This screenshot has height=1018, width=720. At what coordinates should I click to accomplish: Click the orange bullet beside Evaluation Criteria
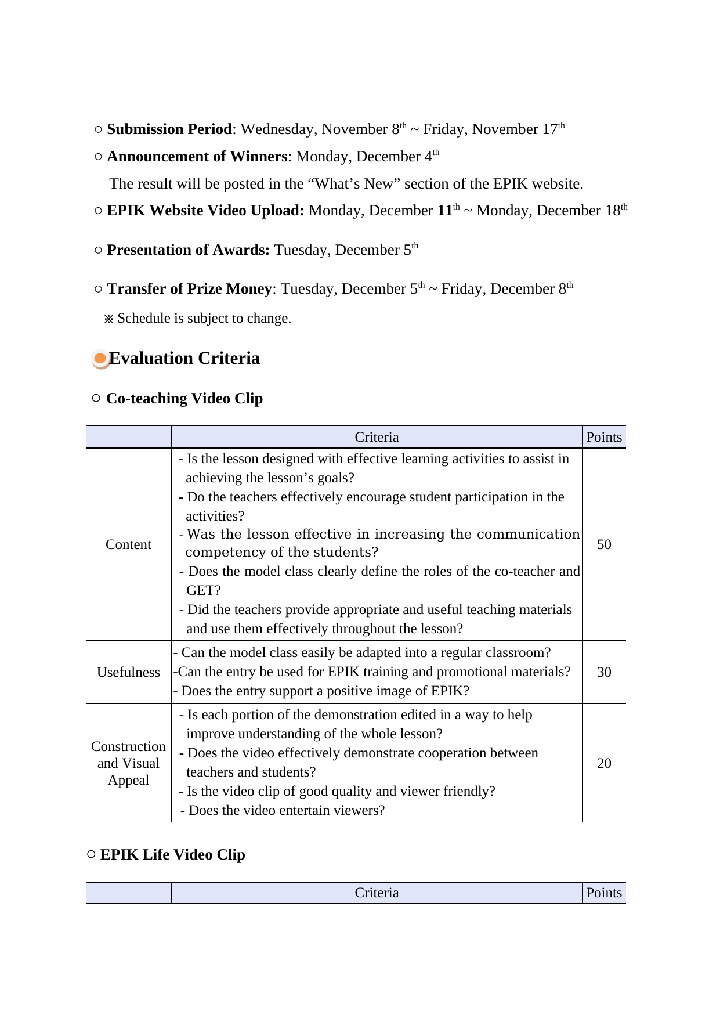[100, 359]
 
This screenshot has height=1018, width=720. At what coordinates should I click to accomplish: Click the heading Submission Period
[169, 129]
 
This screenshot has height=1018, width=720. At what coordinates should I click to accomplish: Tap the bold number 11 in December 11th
[445, 211]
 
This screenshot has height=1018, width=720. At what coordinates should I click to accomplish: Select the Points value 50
[604, 544]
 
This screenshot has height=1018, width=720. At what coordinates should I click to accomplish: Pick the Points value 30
[604, 672]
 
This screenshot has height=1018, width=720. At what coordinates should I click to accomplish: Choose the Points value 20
[604, 763]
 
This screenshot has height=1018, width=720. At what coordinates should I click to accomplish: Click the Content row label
[128, 544]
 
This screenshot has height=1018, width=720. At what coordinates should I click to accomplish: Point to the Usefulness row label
[128, 672]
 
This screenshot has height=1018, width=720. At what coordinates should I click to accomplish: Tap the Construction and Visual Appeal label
[128, 763]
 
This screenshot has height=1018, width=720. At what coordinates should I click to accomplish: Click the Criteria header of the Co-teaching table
[377, 437]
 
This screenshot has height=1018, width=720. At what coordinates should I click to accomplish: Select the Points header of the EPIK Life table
[604, 893]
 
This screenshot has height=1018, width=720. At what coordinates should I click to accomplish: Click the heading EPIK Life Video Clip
[172, 855]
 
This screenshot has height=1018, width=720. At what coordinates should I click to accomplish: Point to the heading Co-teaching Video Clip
[184, 399]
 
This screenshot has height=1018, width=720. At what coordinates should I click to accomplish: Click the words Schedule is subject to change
[204, 319]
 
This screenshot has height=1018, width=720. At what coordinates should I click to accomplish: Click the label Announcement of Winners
[197, 157]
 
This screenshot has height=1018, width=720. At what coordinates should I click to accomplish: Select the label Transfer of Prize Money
[189, 289]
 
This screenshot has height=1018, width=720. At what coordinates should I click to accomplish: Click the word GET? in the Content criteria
[204, 590]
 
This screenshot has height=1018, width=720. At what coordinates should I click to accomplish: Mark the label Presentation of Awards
[188, 250]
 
